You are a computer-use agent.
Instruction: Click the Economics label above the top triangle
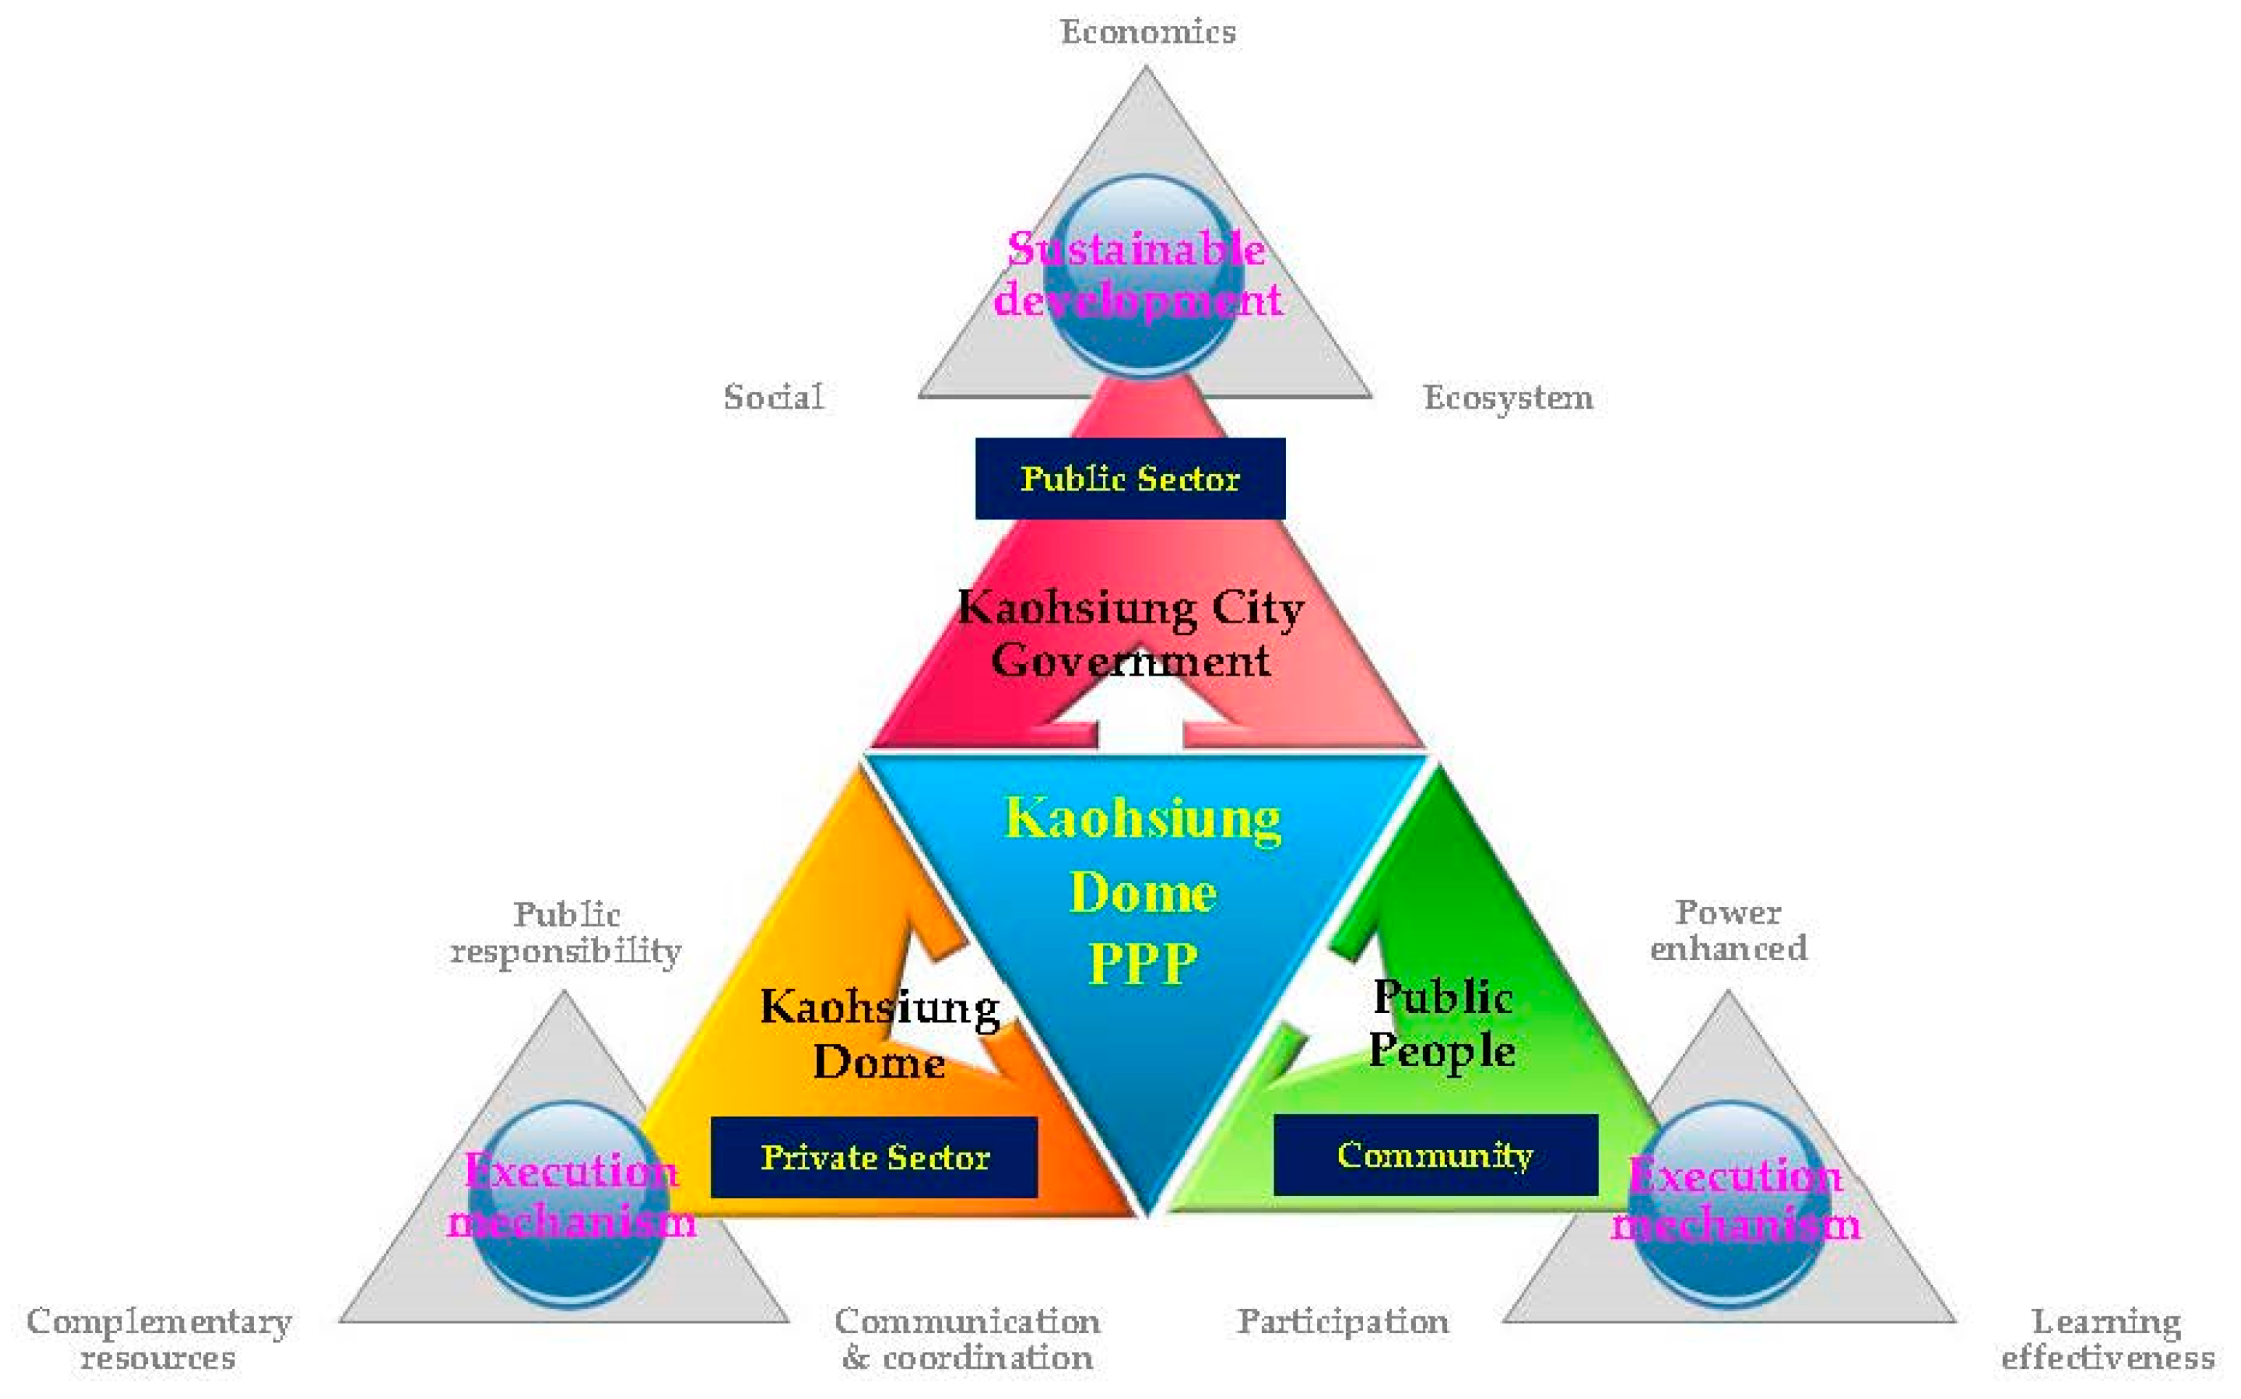[1147, 33]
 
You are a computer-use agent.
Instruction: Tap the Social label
[774, 397]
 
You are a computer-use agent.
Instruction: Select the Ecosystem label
[1507, 398]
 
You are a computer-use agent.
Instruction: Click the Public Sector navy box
[1130, 478]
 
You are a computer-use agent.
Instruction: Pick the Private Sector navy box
[874, 1157]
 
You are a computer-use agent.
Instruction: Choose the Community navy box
[1435, 1154]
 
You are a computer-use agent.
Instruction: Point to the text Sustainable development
[1137, 275]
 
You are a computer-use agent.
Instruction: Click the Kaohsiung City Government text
[1130, 633]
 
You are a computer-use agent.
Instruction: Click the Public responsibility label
[566, 932]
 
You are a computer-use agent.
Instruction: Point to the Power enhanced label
[1729, 930]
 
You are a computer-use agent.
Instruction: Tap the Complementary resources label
[159, 1339]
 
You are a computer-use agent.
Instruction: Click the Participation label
[1343, 1321]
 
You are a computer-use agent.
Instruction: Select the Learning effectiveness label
[2107, 1339]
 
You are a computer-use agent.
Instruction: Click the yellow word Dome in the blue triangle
[1143, 893]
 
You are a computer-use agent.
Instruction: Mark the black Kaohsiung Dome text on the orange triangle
[879, 1033]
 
